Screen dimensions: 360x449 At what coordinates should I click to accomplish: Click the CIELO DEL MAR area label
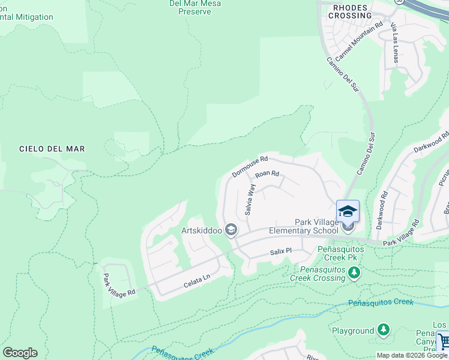(52, 148)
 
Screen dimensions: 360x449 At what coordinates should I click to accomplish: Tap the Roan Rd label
(267, 175)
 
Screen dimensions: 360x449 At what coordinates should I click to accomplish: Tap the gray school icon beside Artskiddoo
(231, 230)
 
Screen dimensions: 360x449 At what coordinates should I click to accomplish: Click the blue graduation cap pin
(348, 211)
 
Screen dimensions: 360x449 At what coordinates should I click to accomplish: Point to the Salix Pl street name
(280, 251)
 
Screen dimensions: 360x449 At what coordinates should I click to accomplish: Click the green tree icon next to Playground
(383, 330)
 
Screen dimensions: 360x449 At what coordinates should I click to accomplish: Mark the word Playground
(352, 331)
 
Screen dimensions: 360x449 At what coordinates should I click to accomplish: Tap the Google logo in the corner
(20, 353)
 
